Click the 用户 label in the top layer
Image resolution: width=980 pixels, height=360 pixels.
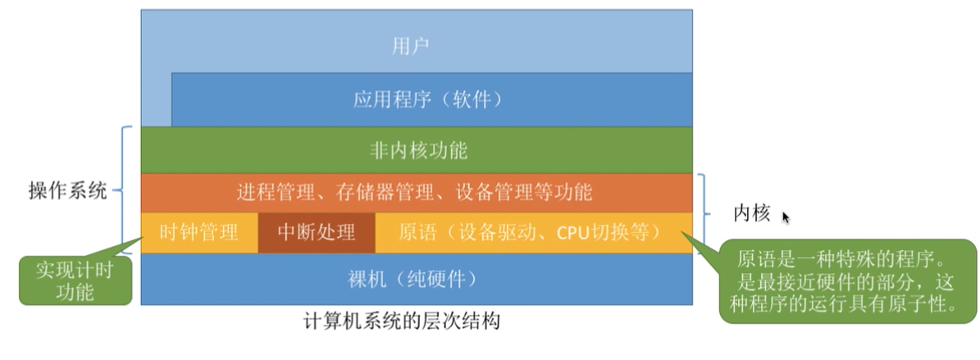417,44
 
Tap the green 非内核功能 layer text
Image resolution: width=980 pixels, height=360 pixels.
418,150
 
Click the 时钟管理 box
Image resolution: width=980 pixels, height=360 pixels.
200,232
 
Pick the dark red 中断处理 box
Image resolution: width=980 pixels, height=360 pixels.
317,232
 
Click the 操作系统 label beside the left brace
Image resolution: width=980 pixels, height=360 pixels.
67,193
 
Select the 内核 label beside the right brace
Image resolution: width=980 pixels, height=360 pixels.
751,214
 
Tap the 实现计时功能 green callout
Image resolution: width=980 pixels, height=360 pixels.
75,280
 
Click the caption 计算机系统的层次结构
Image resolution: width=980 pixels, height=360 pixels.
401,321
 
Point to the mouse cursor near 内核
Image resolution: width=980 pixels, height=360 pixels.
786,217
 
